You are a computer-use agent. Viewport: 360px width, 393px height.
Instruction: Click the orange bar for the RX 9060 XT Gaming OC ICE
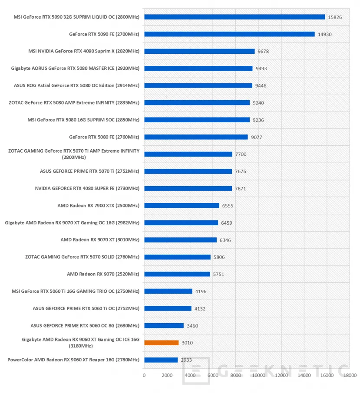click(x=161, y=343)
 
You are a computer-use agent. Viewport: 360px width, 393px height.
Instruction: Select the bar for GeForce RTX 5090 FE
click(x=229, y=34)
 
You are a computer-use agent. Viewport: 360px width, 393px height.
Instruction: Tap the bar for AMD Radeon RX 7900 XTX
click(x=182, y=206)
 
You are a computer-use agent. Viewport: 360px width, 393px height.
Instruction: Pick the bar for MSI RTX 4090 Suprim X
click(x=199, y=51)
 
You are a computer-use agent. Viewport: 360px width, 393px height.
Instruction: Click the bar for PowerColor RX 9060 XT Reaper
click(x=161, y=360)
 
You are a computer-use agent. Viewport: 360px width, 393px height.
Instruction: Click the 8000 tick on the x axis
click(x=236, y=375)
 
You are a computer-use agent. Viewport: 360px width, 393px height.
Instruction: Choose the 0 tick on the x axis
click(x=144, y=375)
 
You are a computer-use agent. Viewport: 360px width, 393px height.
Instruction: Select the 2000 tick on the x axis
click(x=167, y=375)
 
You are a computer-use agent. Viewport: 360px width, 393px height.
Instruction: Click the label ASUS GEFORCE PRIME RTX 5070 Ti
click(x=89, y=171)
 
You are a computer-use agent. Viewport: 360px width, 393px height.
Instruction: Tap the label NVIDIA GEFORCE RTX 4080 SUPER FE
click(x=87, y=188)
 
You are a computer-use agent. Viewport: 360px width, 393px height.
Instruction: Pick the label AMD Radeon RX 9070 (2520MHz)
click(x=103, y=274)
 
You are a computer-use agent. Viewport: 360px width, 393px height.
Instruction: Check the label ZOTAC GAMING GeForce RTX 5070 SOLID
click(x=82, y=257)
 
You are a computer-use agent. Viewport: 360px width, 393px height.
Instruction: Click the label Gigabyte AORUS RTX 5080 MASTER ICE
click(x=75, y=68)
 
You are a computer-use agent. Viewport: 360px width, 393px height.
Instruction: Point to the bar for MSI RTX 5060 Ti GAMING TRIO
click(x=168, y=291)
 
